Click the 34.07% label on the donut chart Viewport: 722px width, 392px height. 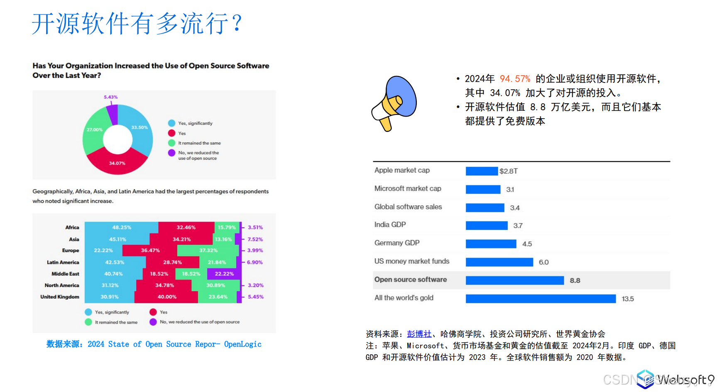coord(117,163)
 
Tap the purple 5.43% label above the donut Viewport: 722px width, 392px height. coord(111,97)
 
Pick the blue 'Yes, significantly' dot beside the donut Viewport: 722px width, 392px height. coord(171,123)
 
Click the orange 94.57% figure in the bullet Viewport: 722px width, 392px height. coord(515,79)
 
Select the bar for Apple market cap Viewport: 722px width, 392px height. coord(482,171)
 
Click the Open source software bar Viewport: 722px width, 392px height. coord(514,280)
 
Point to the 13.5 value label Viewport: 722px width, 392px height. coord(627,299)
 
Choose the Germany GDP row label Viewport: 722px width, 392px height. coord(397,243)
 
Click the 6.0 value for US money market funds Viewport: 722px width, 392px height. coord(543,262)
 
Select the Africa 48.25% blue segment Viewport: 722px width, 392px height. coord(121,227)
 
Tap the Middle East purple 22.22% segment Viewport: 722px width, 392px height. coord(224,274)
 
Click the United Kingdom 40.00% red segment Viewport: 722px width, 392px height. coord(166,297)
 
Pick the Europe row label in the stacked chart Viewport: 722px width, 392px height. coord(71,251)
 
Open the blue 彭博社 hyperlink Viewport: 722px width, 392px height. coord(419,334)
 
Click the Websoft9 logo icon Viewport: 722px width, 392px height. coord(645,379)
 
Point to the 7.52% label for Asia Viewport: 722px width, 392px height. coord(255,239)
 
